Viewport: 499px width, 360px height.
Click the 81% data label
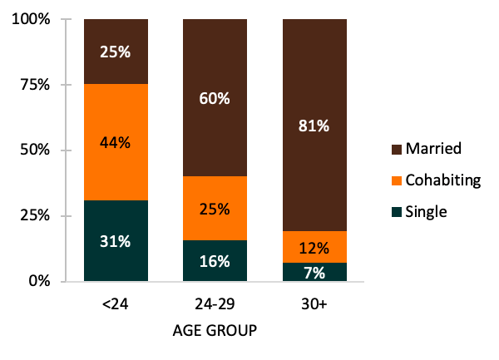314,126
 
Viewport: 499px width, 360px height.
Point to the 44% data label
116,142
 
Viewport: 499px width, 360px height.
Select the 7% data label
314,272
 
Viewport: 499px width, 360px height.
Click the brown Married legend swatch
398,149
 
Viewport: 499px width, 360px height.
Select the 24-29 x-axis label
215,305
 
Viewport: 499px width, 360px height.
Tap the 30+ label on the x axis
314,305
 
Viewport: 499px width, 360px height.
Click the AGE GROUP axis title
214,330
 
